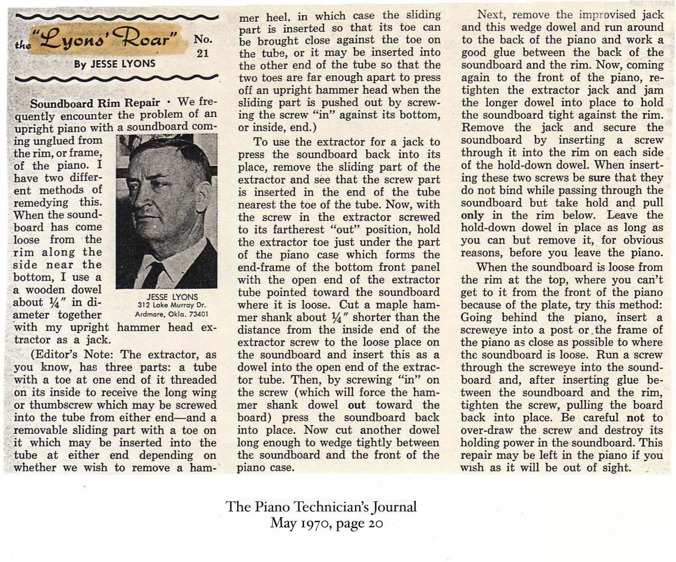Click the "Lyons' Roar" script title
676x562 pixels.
point(105,41)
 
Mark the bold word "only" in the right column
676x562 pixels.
point(472,215)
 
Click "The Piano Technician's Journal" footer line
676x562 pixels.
point(321,507)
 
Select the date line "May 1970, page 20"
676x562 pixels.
point(326,523)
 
